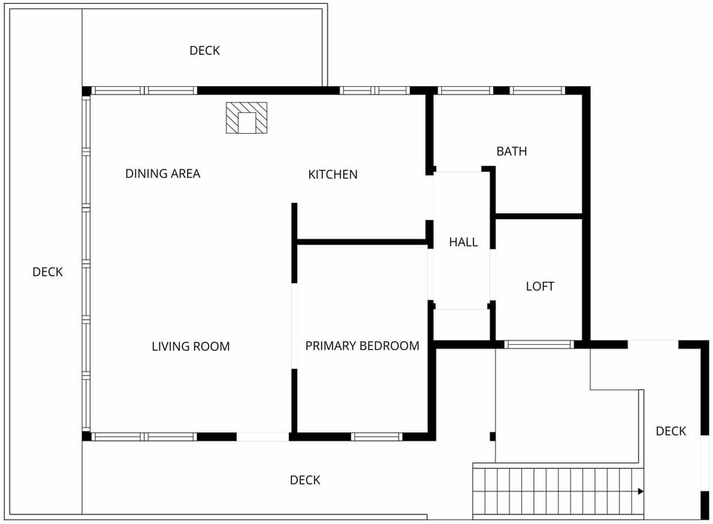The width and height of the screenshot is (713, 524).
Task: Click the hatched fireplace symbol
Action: point(247,118)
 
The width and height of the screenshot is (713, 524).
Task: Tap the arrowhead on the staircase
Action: point(640,491)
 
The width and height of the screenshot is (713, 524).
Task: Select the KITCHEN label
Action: point(333,175)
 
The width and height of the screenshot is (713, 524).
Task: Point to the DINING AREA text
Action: point(163,174)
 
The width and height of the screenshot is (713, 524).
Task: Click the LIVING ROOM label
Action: point(191,346)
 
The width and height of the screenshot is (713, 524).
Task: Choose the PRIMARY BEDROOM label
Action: point(362,346)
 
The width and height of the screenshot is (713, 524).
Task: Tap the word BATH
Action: point(512,152)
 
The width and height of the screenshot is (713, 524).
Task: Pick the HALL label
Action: point(463,242)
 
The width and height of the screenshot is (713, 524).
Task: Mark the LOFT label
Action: point(540,286)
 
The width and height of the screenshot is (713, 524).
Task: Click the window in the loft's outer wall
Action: point(539,344)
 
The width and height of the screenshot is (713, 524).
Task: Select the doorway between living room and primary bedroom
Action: point(294,326)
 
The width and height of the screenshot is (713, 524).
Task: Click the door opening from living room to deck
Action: point(262,437)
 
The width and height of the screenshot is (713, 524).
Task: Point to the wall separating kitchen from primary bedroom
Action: point(362,242)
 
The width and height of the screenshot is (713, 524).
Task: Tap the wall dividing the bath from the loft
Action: point(539,216)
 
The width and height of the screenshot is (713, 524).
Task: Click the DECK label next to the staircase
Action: point(671,431)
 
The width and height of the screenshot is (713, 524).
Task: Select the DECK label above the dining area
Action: point(204,51)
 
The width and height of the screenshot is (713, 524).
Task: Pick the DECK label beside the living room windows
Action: point(48,272)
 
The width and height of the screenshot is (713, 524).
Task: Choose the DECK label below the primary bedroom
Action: point(305,480)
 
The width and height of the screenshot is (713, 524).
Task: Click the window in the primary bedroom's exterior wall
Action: point(376,437)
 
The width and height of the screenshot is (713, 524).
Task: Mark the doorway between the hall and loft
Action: point(492,275)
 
